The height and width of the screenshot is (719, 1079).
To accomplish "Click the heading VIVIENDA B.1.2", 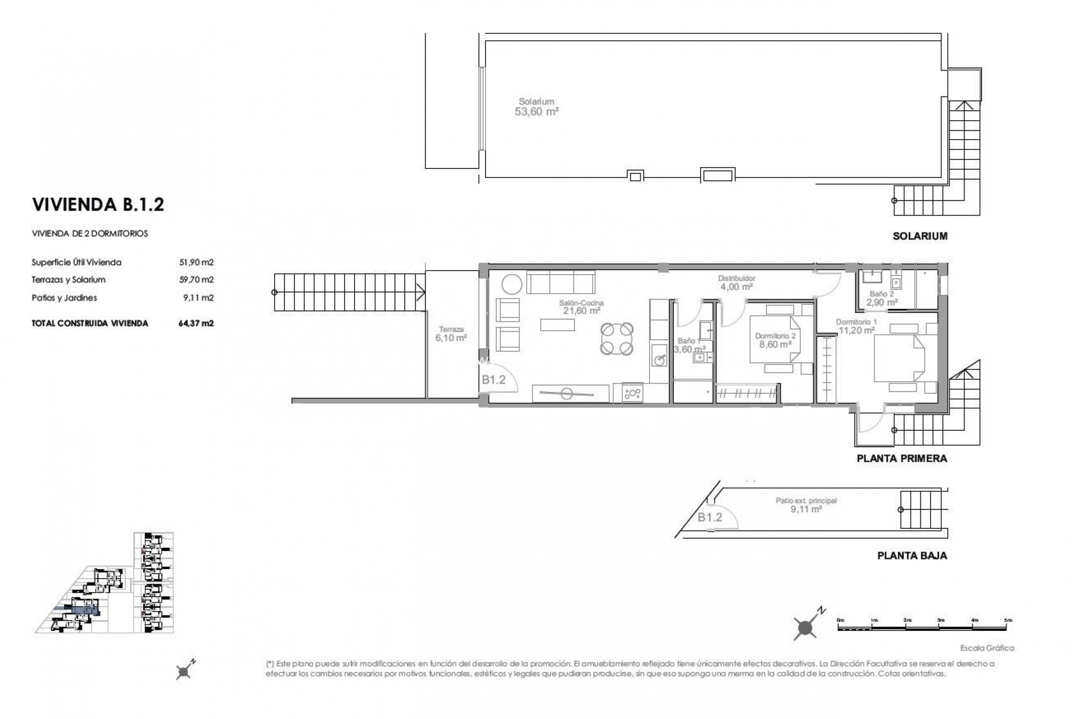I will click(98, 204).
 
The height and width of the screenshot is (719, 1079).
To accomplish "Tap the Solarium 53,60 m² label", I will click(536, 107).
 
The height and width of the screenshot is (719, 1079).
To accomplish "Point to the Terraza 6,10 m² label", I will click(451, 334).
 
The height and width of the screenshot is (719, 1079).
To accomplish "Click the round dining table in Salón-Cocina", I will click(616, 339).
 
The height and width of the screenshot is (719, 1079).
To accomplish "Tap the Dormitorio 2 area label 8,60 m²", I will click(775, 344).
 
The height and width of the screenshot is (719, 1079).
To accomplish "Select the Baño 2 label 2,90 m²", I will click(882, 298).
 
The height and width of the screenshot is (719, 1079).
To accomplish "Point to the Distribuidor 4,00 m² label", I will click(736, 283).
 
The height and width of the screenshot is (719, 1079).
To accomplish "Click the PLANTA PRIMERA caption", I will click(901, 458).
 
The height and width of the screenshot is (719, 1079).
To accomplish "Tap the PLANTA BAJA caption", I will click(912, 556).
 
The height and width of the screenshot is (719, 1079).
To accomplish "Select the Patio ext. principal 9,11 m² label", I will click(806, 505).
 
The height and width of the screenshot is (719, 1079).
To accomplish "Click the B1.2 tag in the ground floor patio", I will click(710, 517).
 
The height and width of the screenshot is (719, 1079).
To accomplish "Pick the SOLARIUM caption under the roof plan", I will click(920, 236).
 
